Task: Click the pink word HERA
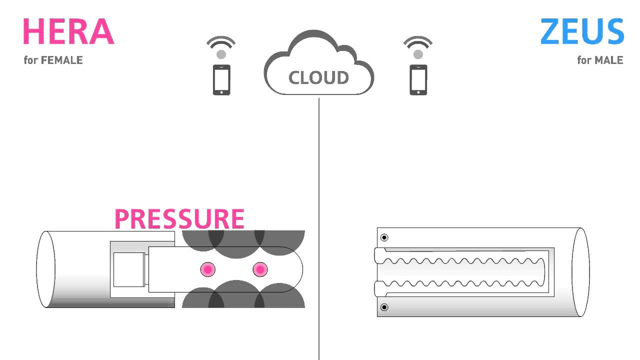(68, 32)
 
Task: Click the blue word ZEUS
(582, 32)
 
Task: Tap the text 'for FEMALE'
(53, 60)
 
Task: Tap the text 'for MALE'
(600, 60)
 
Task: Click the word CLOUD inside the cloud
(318, 78)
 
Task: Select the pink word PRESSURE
(179, 219)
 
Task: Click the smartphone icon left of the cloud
(221, 79)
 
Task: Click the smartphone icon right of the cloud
(418, 79)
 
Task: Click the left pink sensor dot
(208, 270)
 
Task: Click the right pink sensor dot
(259, 270)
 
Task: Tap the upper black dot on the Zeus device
(384, 237)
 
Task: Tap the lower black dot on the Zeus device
(384, 307)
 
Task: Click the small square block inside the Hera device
(128, 270)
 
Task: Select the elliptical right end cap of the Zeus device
(580, 272)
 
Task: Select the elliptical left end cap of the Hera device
(43, 269)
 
